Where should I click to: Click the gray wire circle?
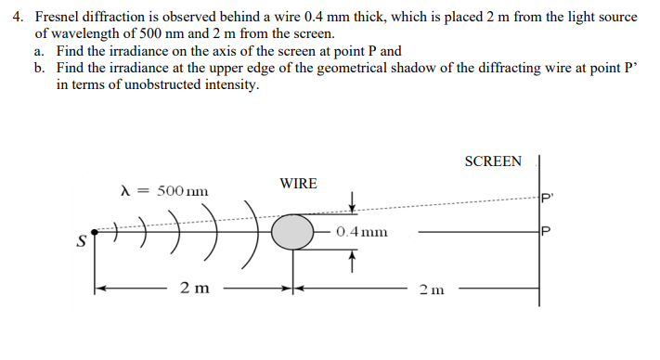pyautogui.click(x=294, y=231)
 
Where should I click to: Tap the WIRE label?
pyautogui.click(x=298, y=184)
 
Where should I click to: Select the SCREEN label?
pyautogui.click(x=493, y=161)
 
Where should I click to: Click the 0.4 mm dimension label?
pyautogui.click(x=362, y=232)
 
